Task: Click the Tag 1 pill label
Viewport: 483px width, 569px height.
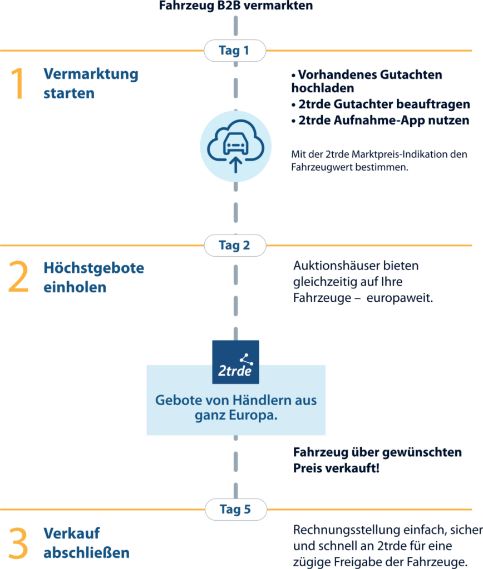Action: [x=234, y=51]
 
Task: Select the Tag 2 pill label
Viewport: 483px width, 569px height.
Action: [x=234, y=245]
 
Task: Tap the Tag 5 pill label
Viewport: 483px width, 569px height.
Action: [x=235, y=509]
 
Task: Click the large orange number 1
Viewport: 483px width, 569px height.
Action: [x=18, y=84]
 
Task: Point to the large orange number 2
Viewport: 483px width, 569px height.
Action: [x=18, y=278]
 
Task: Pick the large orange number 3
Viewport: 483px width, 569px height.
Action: [x=18, y=543]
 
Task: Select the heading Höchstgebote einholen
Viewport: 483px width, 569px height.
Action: [x=93, y=278]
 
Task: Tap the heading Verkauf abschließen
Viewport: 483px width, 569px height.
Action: [x=86, y=543]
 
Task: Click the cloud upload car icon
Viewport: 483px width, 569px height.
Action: [x=235, y=146]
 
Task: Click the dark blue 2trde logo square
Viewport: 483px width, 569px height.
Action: [x=235, y=361]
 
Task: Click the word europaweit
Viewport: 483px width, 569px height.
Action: [x=400, y=298]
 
